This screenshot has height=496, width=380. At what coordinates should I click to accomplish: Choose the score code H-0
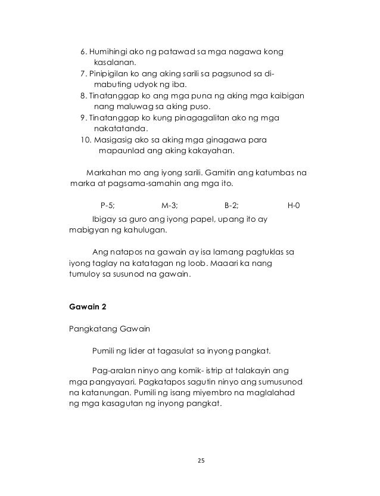coord(294,206)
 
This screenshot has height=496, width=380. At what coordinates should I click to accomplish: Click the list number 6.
coord(83,52)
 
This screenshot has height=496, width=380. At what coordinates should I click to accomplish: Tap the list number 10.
coord(85,139)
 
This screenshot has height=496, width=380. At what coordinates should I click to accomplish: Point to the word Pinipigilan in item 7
coord(113,74)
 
